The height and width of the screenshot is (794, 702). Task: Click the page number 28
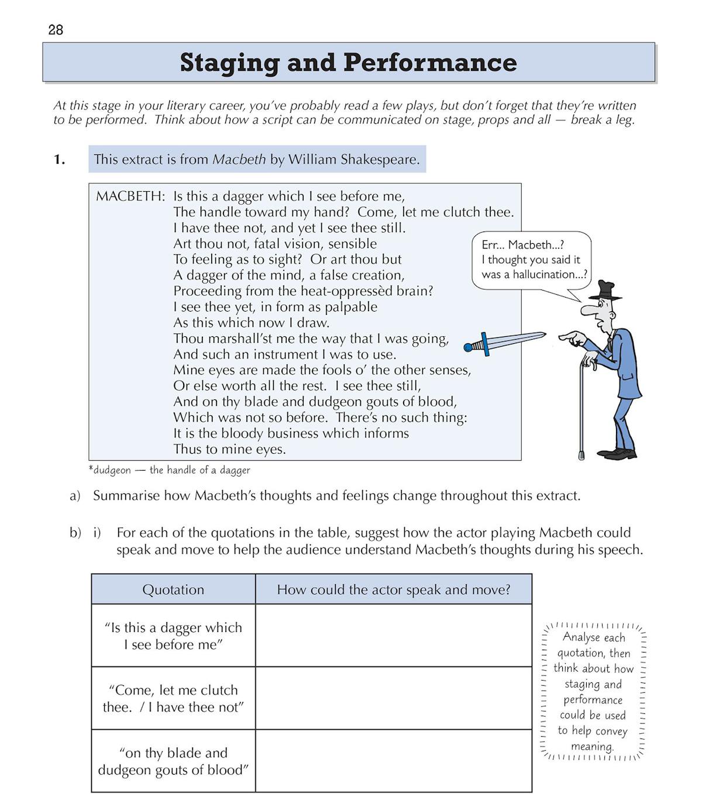(56, 30)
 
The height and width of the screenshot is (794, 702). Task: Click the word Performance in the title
(430, 63)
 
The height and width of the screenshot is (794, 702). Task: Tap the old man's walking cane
(581, 409)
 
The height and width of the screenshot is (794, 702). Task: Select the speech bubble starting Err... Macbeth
(531, 260)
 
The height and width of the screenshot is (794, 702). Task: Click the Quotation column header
(173, 589)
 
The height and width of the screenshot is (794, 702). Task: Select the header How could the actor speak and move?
(393, 589)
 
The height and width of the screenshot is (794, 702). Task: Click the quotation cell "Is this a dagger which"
(173, 636)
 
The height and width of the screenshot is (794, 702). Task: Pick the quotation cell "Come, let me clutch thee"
(173, 698)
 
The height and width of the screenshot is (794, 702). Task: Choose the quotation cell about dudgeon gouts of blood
(173, 761)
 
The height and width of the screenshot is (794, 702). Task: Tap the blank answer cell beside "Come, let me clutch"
(393, 698)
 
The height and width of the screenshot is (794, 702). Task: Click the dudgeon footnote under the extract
(169, 470)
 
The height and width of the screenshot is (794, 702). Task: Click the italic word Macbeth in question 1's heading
(239, 159)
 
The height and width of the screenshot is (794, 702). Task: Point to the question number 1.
(59, 159)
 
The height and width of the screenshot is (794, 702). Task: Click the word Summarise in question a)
(126, 496)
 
